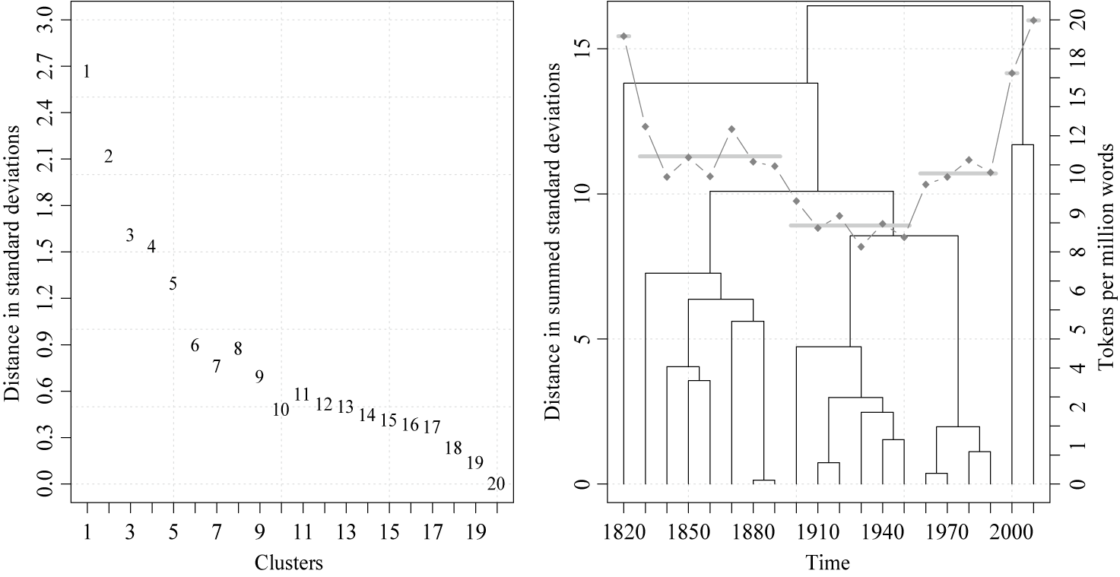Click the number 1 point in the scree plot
[87, 72]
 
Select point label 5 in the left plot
[173, 284]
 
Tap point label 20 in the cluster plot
[495, 484]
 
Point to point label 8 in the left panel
[238, 349]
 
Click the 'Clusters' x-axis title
[288, 563]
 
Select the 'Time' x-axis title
[829, 563]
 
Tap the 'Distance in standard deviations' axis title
[13, 251]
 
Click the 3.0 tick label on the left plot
[47, 21]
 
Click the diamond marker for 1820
[623, 36]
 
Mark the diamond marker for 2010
[1033, 20]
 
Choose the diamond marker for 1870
[731, 129]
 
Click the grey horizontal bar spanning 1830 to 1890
[710, 156]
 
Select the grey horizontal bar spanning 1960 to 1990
[958, 173]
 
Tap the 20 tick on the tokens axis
[1078, 21]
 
